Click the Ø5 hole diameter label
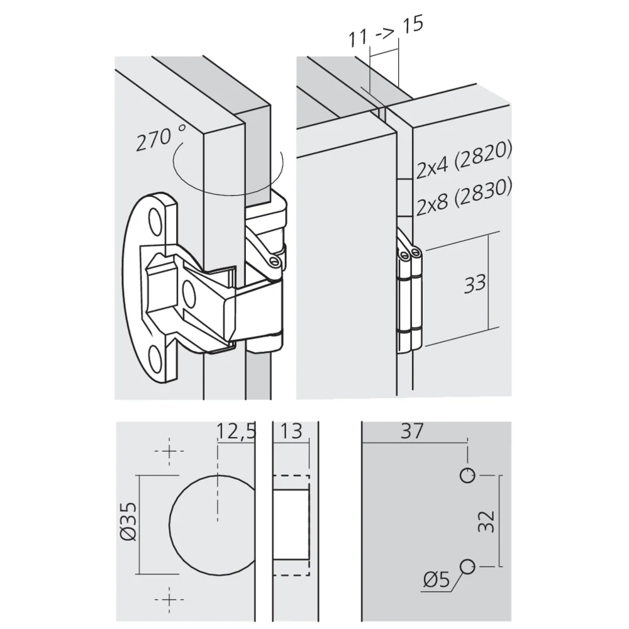437,579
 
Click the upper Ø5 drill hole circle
467,475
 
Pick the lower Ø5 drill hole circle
467,566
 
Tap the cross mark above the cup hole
169,452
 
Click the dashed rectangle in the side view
291,525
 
